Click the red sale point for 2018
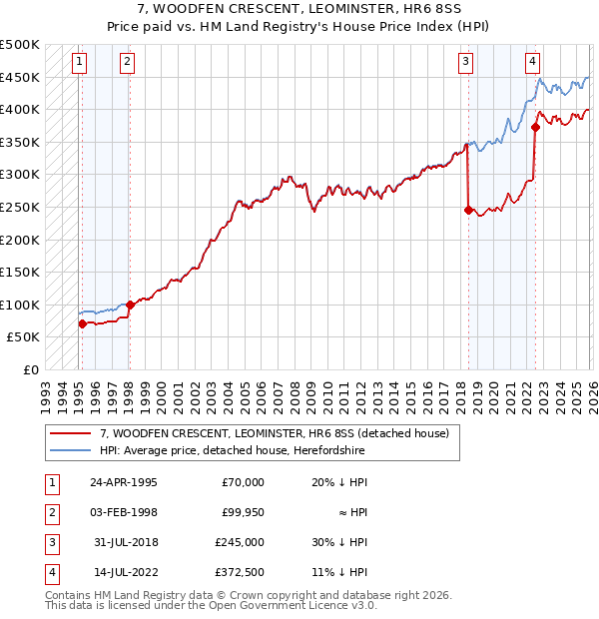tap(468, 210)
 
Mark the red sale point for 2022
tap(536, 127)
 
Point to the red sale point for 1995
tap(82, 323)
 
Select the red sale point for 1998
tap(130, 305)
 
